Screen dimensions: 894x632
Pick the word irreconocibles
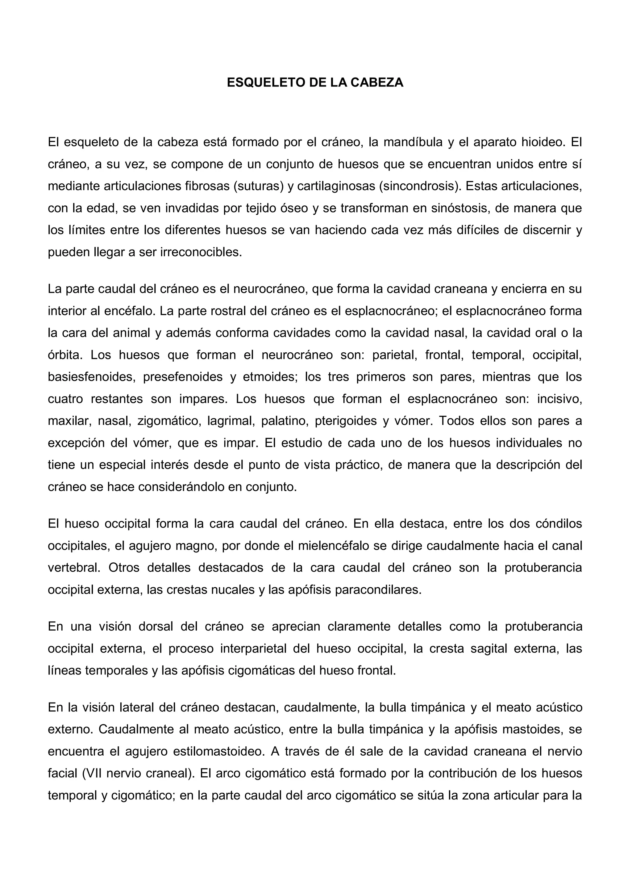201,252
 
